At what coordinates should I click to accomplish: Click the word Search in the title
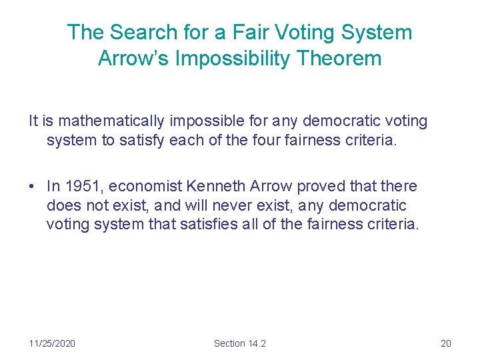[x=137, y=32]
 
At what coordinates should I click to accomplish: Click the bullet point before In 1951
[x=33, y=187]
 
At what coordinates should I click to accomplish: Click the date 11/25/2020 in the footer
[x=52, y=343]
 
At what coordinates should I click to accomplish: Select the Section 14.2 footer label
[x=239, y=343]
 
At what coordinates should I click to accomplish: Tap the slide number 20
[x=446, y=343]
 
